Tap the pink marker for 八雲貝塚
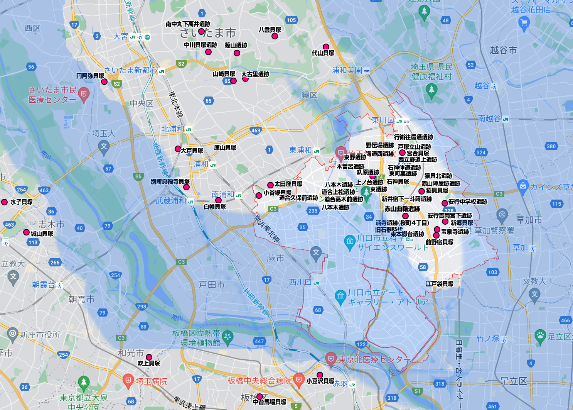point(275,36)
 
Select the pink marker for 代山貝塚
point(326,47)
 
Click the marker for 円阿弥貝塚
point(104,82)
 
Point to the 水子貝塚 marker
point(5,202)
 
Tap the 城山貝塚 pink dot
point(26,232)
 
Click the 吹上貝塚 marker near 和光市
point(149,357)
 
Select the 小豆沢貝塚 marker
point(320,375)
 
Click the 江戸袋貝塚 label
point(440,284)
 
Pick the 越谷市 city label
point(503,50)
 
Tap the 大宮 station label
point(120,36)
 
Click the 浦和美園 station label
point(347,70)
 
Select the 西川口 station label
point(300,282)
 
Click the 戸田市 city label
point(212,285)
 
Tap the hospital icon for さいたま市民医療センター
point(84,93)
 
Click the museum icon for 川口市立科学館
point(350,241)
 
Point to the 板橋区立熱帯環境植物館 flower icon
point(228,337)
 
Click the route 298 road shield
point(142,307)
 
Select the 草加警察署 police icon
point(502,215)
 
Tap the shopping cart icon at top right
point(524,23)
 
